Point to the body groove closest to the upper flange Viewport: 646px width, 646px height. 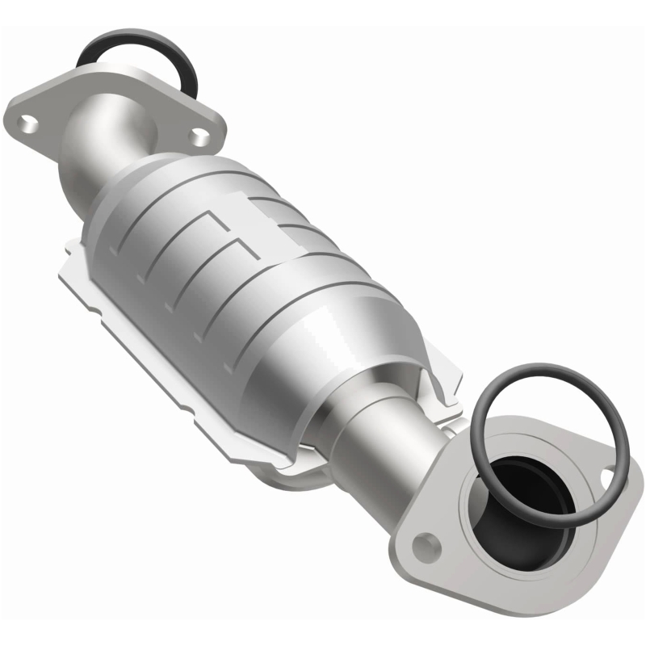pos(161,218)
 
